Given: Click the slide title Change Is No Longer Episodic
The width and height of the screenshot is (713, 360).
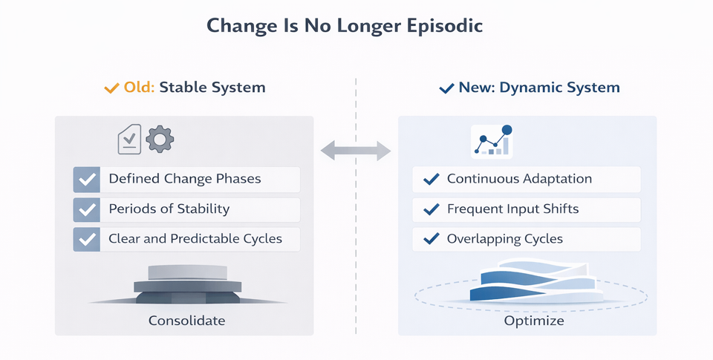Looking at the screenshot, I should point(345,26).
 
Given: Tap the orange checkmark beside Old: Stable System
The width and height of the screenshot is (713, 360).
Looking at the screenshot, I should point(111,88).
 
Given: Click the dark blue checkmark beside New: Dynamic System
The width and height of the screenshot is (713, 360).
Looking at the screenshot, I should point(446,88).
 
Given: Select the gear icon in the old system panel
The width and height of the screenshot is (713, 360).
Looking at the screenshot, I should point(160,140).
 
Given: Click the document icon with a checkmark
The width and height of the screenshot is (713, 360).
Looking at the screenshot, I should point(129,140).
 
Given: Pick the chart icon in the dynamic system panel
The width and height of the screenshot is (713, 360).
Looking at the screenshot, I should point(492,140).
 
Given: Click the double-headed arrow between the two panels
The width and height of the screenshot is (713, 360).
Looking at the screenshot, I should point(355,151).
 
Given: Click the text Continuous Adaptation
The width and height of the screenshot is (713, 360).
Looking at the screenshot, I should point(519,179).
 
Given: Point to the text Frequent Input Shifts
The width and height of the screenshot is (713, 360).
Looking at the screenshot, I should point(512,209).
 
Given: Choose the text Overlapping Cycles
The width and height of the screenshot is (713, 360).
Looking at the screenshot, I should point(504,239).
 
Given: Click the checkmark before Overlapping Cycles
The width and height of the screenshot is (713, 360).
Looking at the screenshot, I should point(430,239).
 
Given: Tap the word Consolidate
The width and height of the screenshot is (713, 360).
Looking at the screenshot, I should point(186,321).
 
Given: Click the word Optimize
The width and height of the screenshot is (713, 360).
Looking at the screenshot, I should point(534,321).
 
